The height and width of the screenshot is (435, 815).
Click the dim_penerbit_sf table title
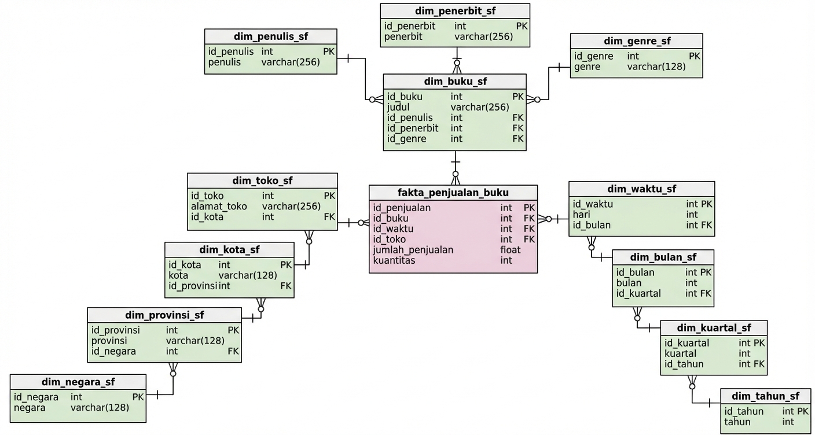pyautogui.click(x=455, y=11)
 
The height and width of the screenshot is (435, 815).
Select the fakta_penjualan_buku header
pyautogui.click(x=453, y=193)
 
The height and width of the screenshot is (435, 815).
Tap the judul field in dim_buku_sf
pyautogui.click(x=398, y=107)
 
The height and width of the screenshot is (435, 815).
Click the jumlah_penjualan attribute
pyautogui.click(x=413, y=250)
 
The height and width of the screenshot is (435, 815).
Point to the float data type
pyautogui.click(x=511, y=250)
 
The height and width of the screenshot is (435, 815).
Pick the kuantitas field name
pyautogui.click(x=394, y=260)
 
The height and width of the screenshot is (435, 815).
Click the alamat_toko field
pyautogui.click(x=219, y=207)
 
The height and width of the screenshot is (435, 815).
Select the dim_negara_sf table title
pyautogui.click(x=78, y=382)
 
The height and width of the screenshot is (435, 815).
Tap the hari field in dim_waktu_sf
pyautogui.click(x=581, y=215)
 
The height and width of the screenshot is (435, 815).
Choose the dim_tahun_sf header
pyautogui.click(x=765, y=396)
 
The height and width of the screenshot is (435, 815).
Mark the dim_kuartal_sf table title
pyautogui.click(x=714, y=328)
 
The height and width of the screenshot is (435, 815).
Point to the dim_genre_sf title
pyautogui.click(x=637, y=41)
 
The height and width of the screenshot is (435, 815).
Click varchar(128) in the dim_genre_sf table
pyautogui.click(x=656, y=67)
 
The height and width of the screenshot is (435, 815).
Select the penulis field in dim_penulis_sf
pyautogui.click(x=224, y=62)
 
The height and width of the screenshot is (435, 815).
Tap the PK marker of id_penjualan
pyautogui.click(x=529, y=208)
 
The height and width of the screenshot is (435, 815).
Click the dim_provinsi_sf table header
pyautogui.click(x=164, y=315)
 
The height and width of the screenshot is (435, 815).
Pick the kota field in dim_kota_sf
pyautogui.click(x=178, y=275)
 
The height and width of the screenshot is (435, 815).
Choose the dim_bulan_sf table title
pyautogui.click(x=663, y=257)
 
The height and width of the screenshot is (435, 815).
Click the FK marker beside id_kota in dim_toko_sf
pyautogui.click(x=329, y=217)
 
